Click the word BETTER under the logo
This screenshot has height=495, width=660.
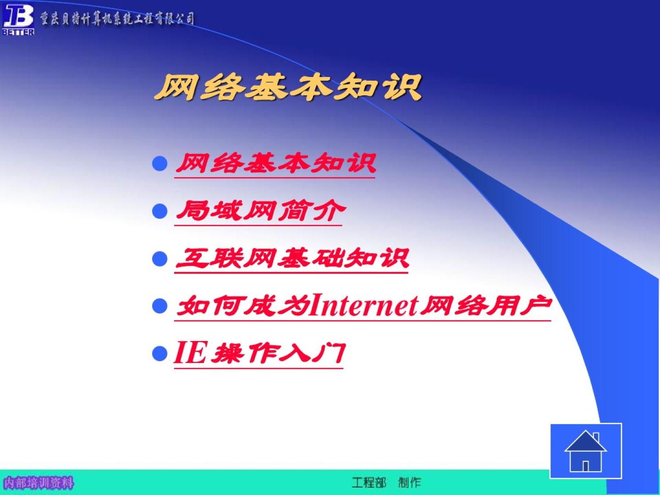tap(18, 32)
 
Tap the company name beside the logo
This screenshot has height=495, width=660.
tap(117, 19)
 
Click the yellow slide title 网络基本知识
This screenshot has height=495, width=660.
tap(288, 87)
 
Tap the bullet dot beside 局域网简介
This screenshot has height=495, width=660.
tap(159, 211)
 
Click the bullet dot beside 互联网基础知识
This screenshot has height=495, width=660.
tap(159, 258)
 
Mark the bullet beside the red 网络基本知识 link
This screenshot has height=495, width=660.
tap(159, 164)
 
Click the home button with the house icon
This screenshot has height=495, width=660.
tap(586, 451)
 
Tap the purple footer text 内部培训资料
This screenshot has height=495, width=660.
tap(38, 483)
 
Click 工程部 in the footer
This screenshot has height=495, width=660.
tap(369, 482)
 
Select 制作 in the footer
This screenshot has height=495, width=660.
tap(410, 482)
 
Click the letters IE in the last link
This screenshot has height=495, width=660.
tap(190, 352)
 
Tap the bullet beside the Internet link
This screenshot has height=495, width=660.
tap(159, 306)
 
